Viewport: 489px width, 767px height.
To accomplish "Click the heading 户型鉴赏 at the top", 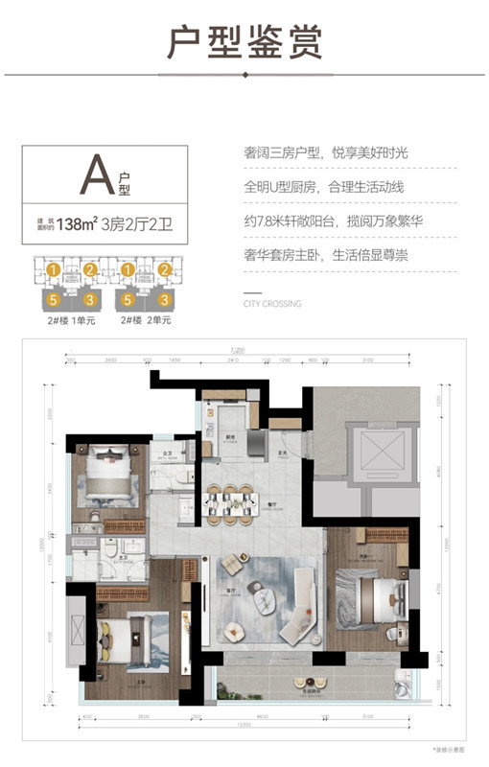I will [x=244, y=43].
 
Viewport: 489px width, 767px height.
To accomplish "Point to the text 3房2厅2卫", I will [x=141, y=225].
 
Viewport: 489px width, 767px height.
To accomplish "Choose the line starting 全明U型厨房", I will [x=324, y=186].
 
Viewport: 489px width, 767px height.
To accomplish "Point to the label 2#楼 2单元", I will [x=150, y=320].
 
